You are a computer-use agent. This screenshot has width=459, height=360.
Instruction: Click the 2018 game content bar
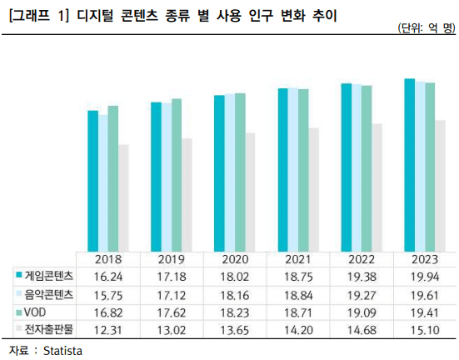(92, 179)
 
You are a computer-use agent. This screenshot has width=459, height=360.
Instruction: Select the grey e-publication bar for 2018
(123, 197)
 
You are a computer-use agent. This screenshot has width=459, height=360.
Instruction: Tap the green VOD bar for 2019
(176, 174)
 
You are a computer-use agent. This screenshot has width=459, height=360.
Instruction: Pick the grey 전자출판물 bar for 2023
(440, 185)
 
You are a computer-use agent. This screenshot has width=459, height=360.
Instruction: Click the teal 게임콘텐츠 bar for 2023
(409, 164)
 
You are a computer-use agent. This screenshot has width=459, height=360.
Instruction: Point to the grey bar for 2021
(313, 189)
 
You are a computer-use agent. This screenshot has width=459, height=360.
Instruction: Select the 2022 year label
(362, 258)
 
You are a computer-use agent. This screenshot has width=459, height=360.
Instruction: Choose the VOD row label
(35, 312)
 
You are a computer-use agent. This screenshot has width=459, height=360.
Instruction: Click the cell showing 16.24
(108, 276)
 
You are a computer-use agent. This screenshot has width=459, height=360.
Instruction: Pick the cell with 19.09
(362, 312)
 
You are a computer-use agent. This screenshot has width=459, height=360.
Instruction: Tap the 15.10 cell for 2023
(425, 330)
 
